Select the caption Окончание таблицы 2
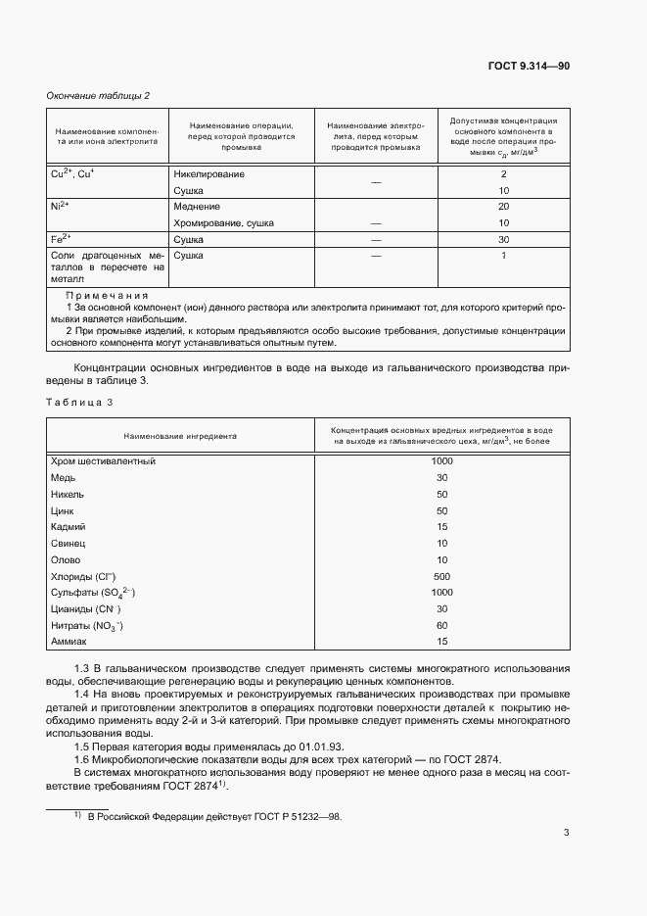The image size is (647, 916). click(98, 95)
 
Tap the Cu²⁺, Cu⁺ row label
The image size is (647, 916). click(72, 173)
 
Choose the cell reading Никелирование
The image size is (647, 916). click(208, 173)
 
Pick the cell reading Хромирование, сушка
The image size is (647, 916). click(223, 223)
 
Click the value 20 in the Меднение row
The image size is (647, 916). click(503, 207)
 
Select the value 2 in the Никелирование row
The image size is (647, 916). click(503, 173)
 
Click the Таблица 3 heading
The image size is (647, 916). click(79, 402)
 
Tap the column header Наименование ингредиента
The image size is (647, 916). click(179, 436)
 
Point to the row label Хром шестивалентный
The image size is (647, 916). click(103, 460)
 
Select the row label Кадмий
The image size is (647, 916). click(68, 526)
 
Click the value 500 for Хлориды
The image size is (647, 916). click(441, 576)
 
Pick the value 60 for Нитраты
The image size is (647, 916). click(441, 625)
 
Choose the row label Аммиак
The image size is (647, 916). click(68, 642)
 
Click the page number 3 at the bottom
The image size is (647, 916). click(566, 834)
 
